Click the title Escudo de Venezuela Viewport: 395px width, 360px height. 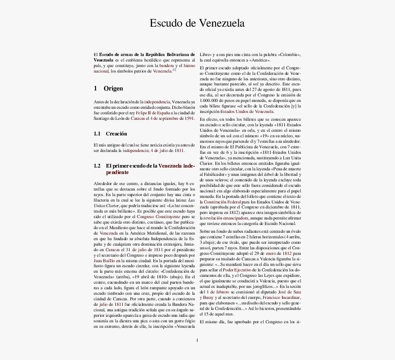coord(197,23)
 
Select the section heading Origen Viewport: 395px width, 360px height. coord(113,88)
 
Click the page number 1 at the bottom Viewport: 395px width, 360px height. coord(197,340)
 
